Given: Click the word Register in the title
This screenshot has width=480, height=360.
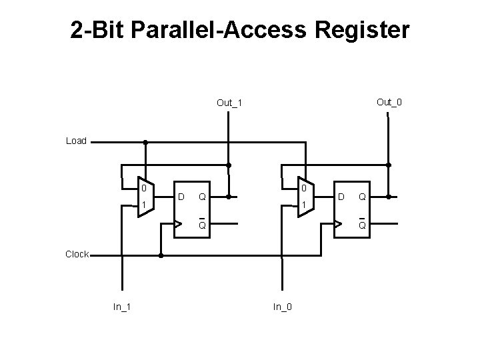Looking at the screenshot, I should coord(359,30).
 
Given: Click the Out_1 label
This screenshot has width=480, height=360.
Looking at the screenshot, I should coord(230,103).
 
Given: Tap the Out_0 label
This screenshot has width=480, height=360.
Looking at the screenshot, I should coord(389,102).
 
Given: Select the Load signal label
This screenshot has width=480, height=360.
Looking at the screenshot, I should coord(76,141).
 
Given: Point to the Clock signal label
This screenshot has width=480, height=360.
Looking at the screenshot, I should coord(77,254).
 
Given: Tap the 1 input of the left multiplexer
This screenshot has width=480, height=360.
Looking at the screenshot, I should coord(143,203).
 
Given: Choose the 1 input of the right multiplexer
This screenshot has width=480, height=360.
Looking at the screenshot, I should coord(303,203).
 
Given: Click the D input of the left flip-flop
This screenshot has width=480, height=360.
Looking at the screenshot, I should coord(181,197).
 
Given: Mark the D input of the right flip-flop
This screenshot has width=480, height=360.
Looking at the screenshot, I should coord(341,197).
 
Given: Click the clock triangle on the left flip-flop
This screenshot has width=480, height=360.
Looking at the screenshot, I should coord(178,224).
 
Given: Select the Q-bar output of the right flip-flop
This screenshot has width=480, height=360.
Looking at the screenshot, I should coord(362,224).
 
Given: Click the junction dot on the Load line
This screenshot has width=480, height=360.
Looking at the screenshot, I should coord(145,142).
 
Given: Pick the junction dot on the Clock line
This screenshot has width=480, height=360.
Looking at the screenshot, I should coord(161,255).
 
